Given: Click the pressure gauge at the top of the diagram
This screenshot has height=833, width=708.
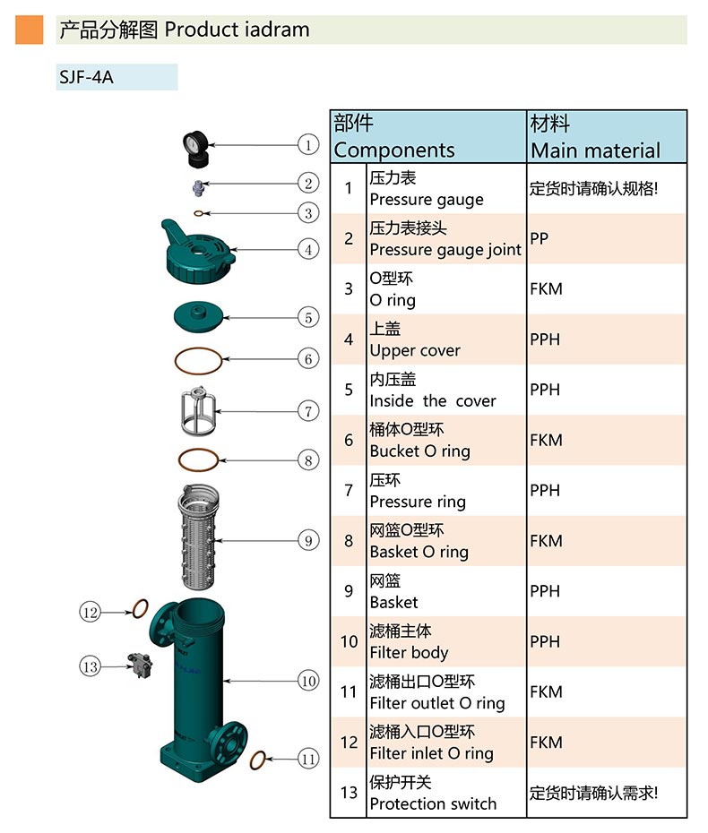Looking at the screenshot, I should pyautogui.click(x=195, y=149).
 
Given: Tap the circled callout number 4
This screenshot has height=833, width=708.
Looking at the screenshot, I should pyautogui.click(x=308, y=250).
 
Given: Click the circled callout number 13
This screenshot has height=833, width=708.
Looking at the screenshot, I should pyautogui.click(x=90, y=666).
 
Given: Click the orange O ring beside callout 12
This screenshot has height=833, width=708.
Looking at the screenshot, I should pyautogui.click(x=140, y=610).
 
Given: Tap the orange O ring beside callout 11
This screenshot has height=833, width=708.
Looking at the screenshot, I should pyautogui.click(x=256, y=760).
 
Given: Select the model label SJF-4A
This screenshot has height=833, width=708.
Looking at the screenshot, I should pyautogui.click(x=86, y=77).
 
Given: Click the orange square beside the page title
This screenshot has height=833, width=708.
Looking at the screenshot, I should pyautogui.click(x=30, y=30).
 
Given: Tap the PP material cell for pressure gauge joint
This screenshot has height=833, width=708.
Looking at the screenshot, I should pyautogui.click(x=539, y=239).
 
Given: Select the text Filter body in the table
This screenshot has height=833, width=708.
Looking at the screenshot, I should pyautogui.click(x=409, y=653).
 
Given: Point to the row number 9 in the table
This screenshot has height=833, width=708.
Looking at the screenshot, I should pyautogui.click(x=349, y=591).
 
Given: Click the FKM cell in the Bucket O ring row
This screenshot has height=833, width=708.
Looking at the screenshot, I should pyautogui.click(x=546, y=440).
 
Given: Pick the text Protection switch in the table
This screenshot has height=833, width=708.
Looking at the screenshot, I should pyautogui.click(x=433, y=803).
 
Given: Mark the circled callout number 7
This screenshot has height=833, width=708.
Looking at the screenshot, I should pyautogui.click(x=308, y=411).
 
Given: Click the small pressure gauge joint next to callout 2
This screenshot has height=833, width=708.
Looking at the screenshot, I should pyautogui.click(x=199, y=186).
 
